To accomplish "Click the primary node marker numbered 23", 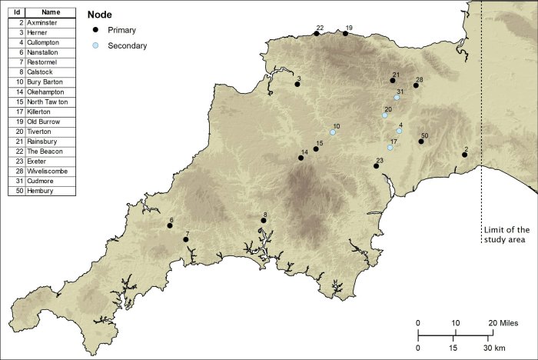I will click(376, 166).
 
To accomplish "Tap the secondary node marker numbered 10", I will click(333, 132).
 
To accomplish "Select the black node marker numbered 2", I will click(464, 155).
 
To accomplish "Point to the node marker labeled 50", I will click(421, 142).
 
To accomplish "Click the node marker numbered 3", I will click(297, 84).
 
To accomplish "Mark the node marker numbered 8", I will click(263, 221).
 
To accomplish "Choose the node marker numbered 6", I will click(170, 226).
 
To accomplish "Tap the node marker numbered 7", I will click(186, 240).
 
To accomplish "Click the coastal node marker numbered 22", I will click(317, 33).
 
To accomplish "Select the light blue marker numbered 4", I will click(399, 132).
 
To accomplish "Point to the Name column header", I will click(50, 13).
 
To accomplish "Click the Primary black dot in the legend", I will click(95, 31).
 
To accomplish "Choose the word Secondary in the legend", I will click(128, 46).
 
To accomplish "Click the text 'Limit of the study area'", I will click(506, 235).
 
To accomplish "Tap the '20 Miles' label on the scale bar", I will click(504, 322).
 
